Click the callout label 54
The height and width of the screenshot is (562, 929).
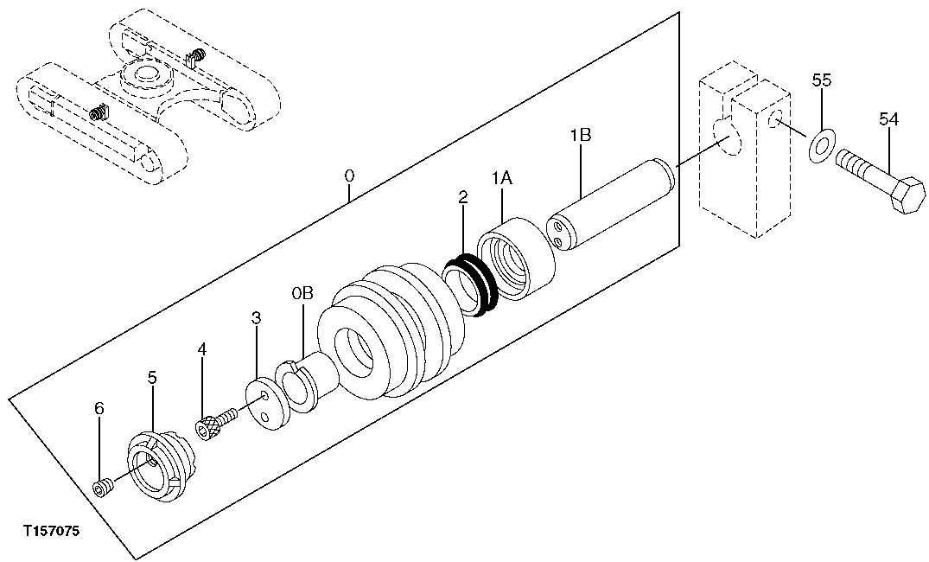coord(889,119)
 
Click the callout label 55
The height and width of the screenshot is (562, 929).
coord(822,80)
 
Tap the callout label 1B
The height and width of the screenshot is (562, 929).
coord(580,136)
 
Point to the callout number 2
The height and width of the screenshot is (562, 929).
coord(463,198)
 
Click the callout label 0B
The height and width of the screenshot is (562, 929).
coord(302,295)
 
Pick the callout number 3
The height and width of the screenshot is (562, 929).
coord(257,318)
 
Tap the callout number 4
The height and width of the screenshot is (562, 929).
coord(202,349)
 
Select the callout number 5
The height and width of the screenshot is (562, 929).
coord(152,377)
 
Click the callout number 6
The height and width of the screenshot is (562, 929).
coord(99,408)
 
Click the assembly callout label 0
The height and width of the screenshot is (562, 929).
coord(349,176)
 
